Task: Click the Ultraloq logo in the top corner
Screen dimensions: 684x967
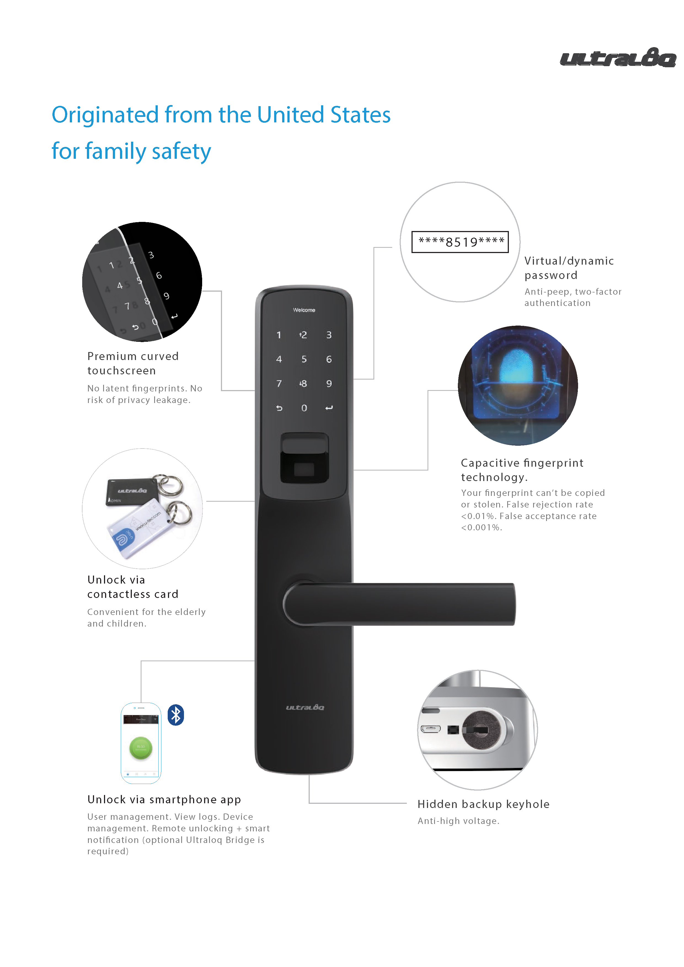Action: (x=618, y=57)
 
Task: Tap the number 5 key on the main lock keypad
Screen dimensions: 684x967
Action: (x=304, y=359)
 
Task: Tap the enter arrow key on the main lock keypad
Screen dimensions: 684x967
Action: (x=329, y=408)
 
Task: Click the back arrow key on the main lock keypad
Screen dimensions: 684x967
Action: (x=279, y=408)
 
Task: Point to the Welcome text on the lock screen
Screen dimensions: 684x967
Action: (x=304, y=310)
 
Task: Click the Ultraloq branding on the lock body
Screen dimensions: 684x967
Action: (x=305, y=708)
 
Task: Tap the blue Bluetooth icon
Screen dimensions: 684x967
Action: (x=176, y=715)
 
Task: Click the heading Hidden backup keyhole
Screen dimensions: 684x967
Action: (x=483, y=804)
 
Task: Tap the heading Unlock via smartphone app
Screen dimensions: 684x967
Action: (x=164, y=799)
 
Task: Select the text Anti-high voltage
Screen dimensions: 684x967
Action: (x=458, y=821)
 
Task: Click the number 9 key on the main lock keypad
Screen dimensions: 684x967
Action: (x=329, y=384)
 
